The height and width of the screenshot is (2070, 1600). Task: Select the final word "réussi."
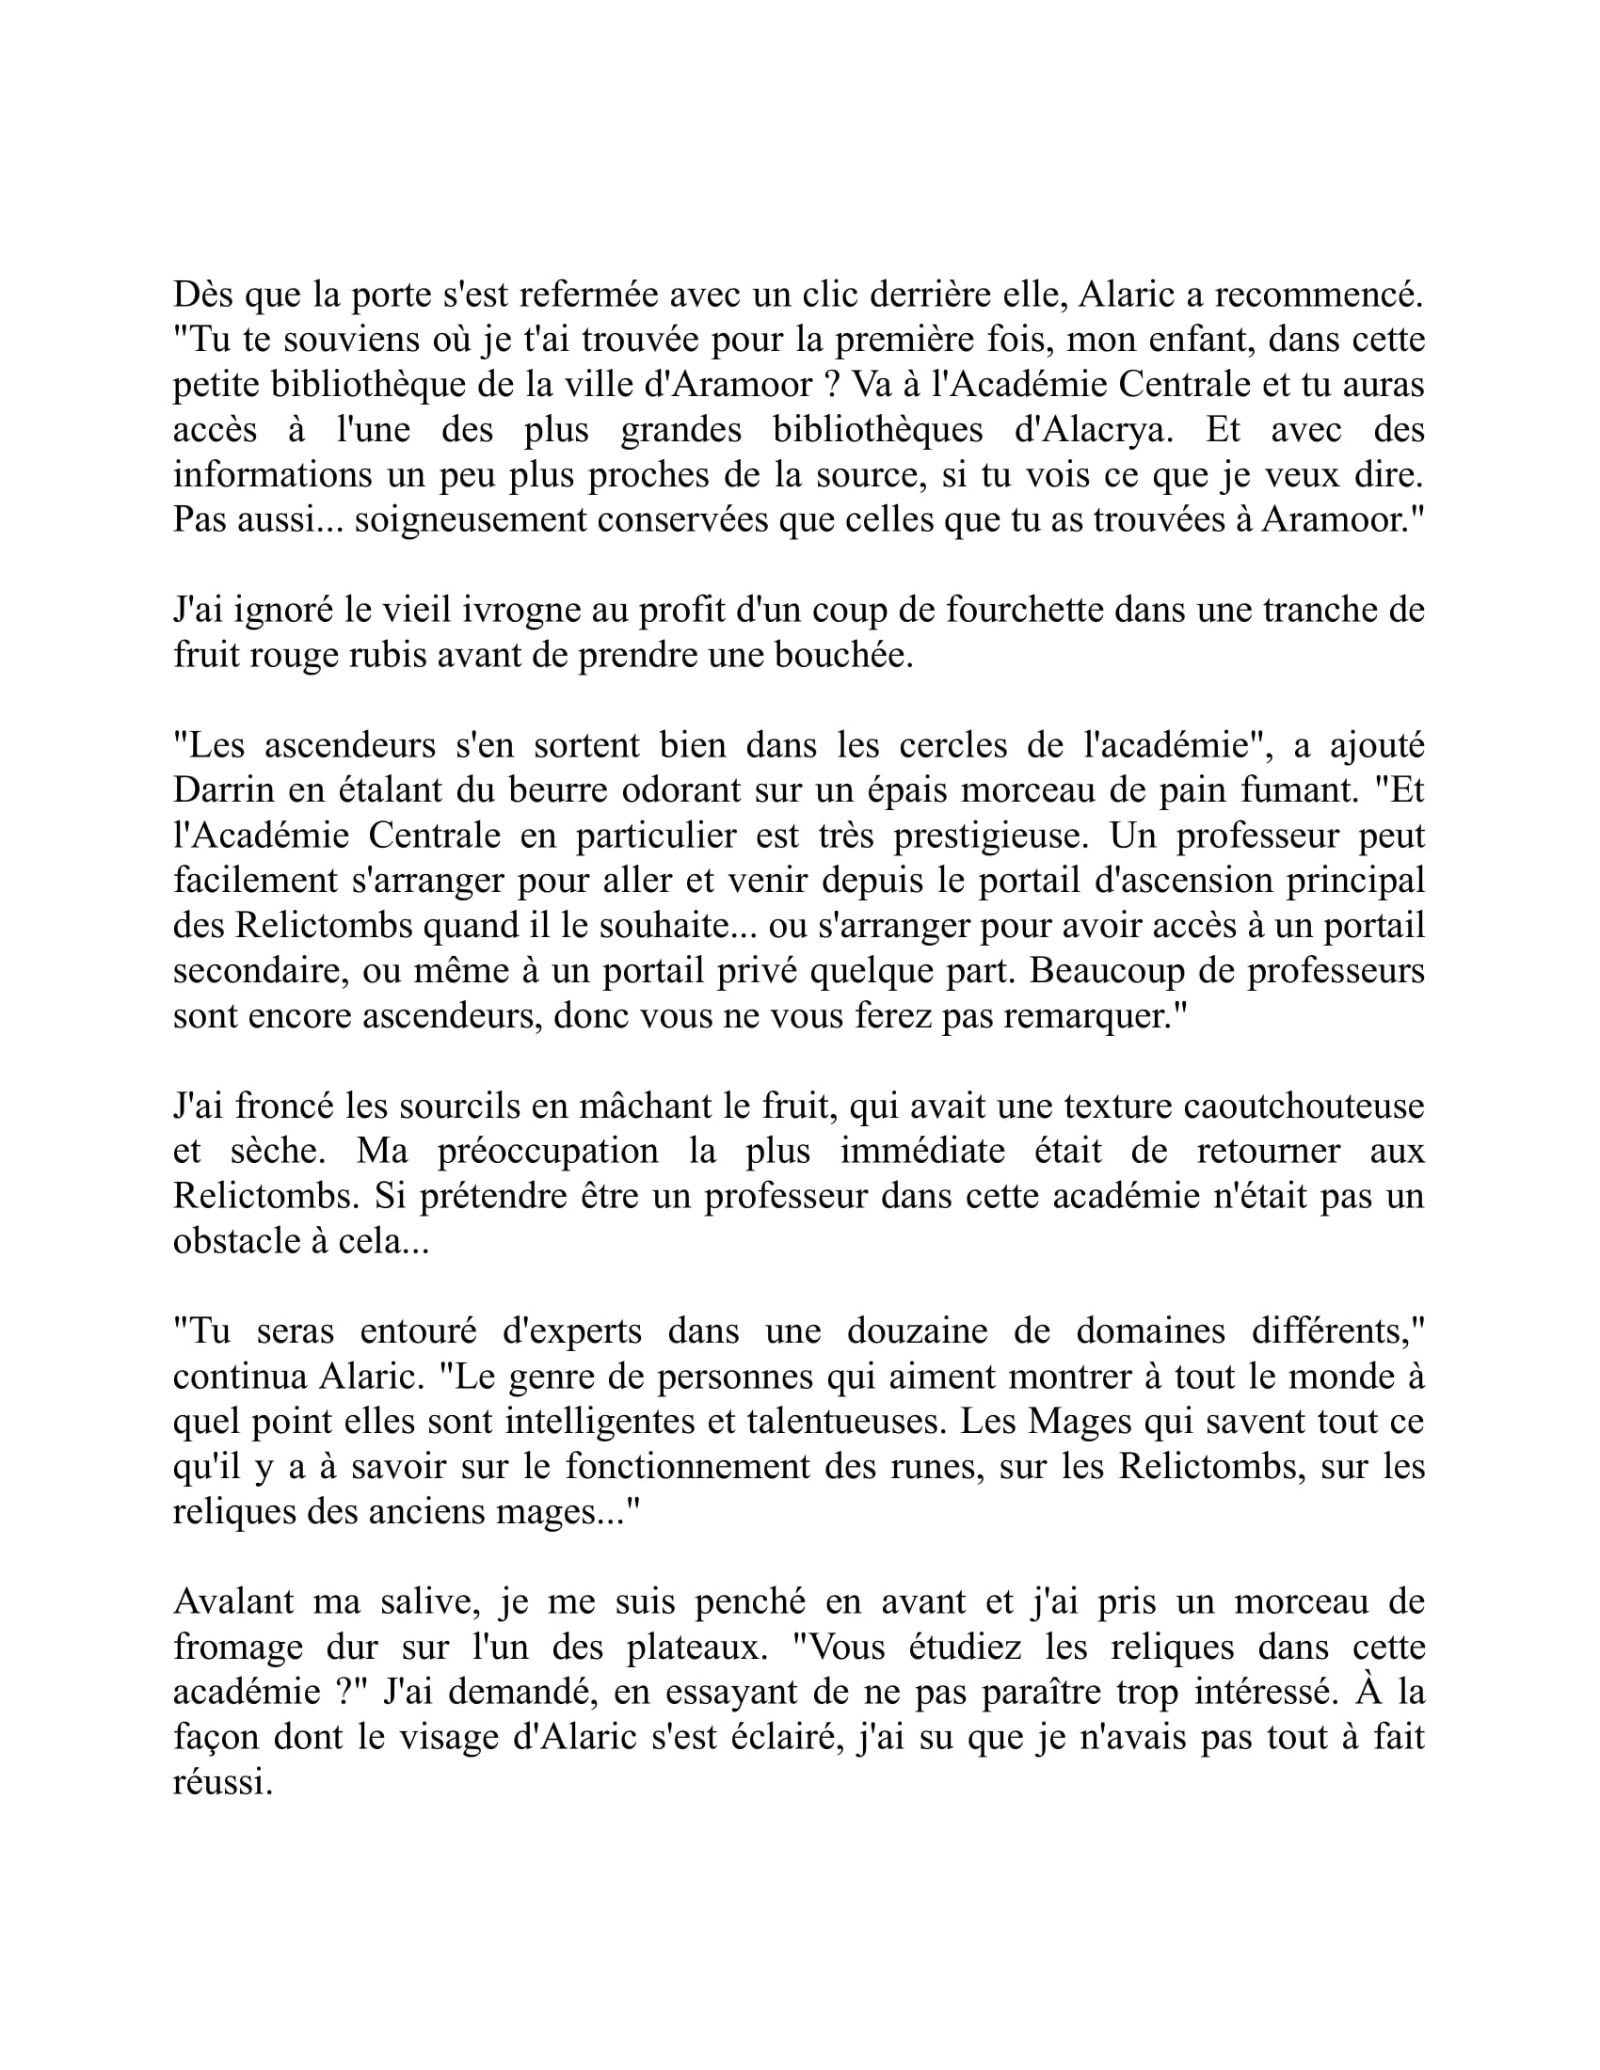click(x=223, y=1782)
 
